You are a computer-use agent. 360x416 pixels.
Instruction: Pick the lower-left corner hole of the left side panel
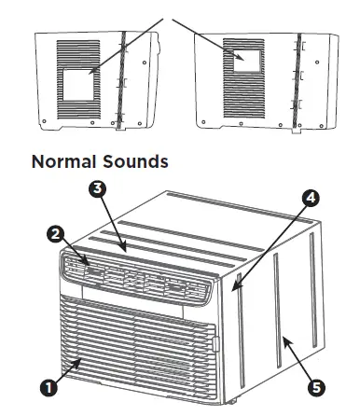[43, 118]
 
